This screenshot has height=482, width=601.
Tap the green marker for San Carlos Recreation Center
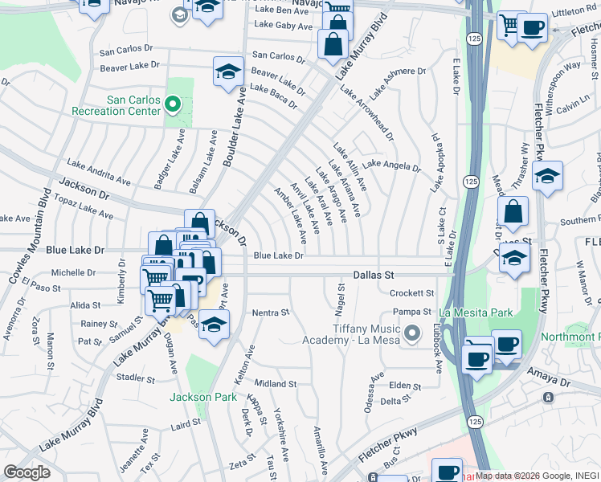(173, 104)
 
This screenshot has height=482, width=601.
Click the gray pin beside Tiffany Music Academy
(413, 331)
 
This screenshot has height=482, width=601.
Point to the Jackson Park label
(202, 397)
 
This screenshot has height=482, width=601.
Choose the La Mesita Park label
(476, 312)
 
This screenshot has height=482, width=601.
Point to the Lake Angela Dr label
(390, 165)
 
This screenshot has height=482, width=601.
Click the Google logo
(27, 472)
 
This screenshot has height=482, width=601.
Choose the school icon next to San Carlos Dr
(228, 73)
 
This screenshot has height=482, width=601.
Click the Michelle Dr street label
(73, 273)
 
